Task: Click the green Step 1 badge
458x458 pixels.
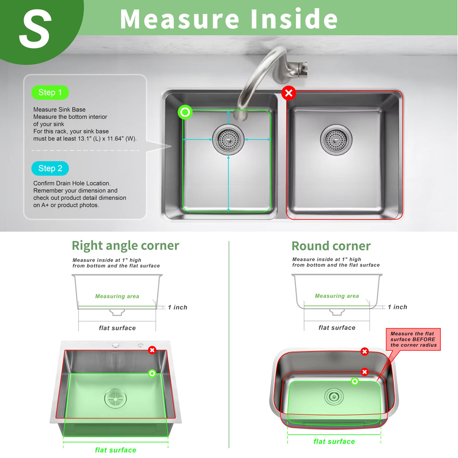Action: coord(50,92)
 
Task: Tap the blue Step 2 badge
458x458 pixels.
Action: coord(50,169)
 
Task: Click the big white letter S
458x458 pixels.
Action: coord(35,29)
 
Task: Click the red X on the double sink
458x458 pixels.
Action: coord(289,93)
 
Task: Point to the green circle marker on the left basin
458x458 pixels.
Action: coord(185,112)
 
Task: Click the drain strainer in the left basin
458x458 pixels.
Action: coord(228,140)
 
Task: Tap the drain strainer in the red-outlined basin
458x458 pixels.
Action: coord(336,140)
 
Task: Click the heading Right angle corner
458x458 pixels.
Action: coord(125,246)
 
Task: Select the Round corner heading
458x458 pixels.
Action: coord(331,246)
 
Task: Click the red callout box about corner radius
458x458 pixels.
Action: coord(413,339)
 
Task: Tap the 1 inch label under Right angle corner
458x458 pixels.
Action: coord(177,307)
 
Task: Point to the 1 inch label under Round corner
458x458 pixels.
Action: coord(397,307)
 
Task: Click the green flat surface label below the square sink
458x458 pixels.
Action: coord(116,450)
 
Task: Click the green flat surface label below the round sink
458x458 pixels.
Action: coord(334,441)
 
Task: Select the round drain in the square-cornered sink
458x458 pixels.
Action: coord(116,398)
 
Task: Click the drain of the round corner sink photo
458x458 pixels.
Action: coord(334,397)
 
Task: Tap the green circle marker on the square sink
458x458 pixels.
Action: coord(152,373)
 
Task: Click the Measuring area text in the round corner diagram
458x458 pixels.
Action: coord(337,296)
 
